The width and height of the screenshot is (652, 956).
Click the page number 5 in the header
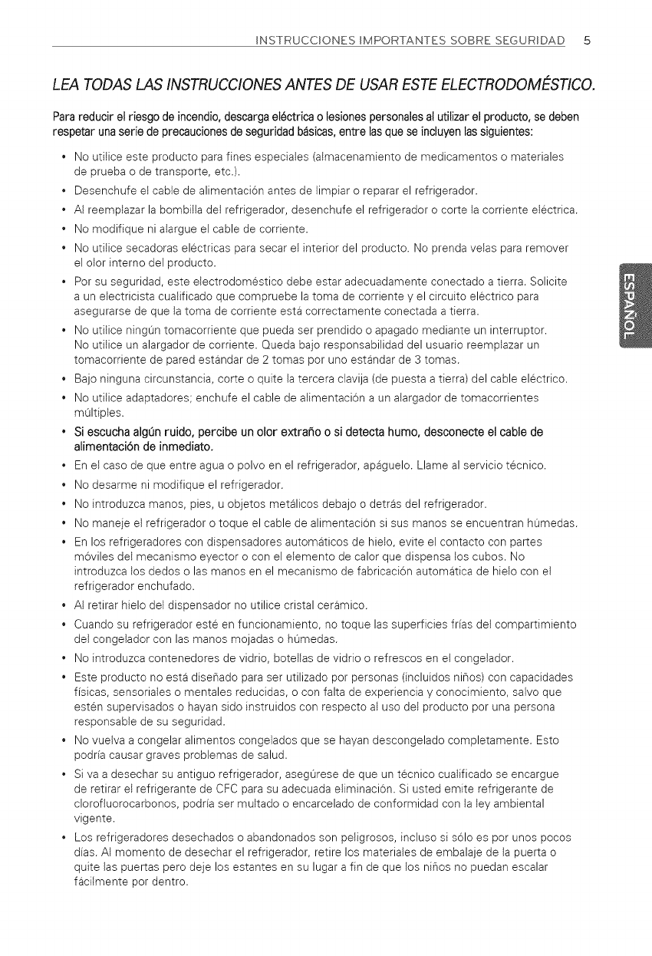586,41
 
